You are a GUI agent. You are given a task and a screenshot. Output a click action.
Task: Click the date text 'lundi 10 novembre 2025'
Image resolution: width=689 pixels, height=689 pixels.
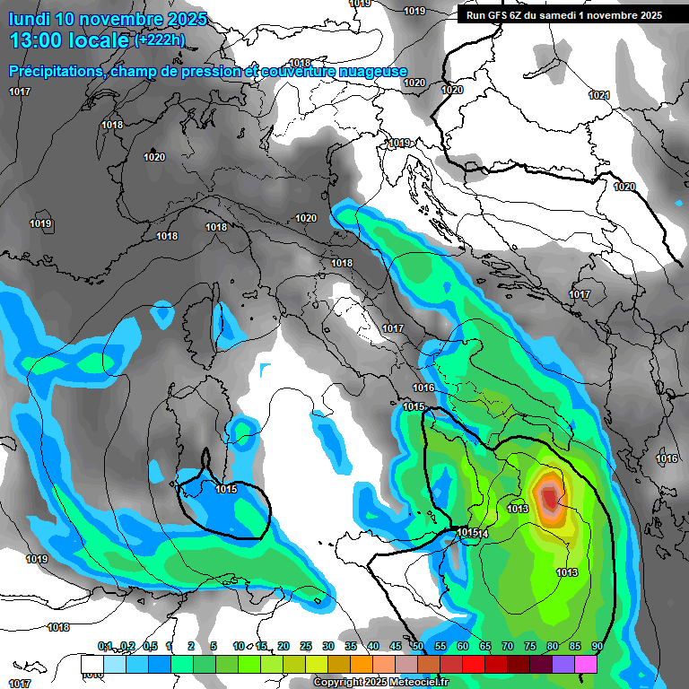(108, 19)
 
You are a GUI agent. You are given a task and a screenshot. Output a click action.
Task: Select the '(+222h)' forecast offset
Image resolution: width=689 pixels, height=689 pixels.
(160, 40)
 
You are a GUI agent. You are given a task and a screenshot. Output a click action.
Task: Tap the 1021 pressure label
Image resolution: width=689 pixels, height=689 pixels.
(599, 96)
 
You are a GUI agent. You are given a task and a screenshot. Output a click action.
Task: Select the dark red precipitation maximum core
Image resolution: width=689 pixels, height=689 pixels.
(549, 496)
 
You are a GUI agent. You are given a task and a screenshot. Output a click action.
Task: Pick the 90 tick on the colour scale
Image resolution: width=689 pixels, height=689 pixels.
(597, 647)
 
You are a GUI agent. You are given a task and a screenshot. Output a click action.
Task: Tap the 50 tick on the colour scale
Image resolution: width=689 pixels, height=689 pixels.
(418, 647)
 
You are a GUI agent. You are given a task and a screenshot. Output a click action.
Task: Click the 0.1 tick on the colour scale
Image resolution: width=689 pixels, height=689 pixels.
(105, 647)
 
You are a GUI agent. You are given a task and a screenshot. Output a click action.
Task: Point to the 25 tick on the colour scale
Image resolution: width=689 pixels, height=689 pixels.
(306, 647)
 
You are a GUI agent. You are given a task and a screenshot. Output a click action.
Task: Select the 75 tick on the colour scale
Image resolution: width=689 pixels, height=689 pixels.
(530, 647)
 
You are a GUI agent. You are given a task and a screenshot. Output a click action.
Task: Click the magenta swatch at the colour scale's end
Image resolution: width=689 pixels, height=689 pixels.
(586, 664)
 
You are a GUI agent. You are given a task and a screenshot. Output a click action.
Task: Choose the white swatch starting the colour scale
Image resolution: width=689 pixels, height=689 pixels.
(92, 664)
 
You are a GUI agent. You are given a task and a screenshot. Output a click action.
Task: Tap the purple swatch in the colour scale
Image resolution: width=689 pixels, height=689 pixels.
(563, 664)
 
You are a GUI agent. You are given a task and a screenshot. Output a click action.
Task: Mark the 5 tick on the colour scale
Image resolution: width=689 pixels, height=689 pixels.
(213, 647)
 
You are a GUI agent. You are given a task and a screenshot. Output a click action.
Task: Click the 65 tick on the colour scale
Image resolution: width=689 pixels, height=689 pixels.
(485, 647)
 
